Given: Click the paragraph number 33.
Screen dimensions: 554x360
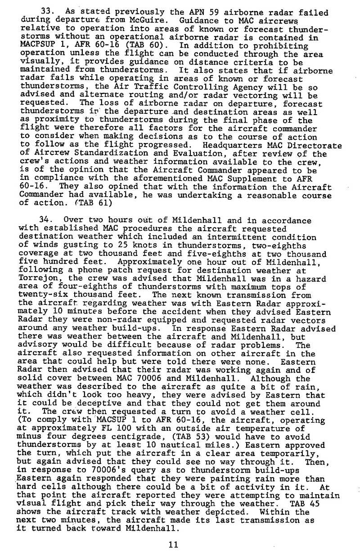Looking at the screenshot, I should (46, 12).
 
